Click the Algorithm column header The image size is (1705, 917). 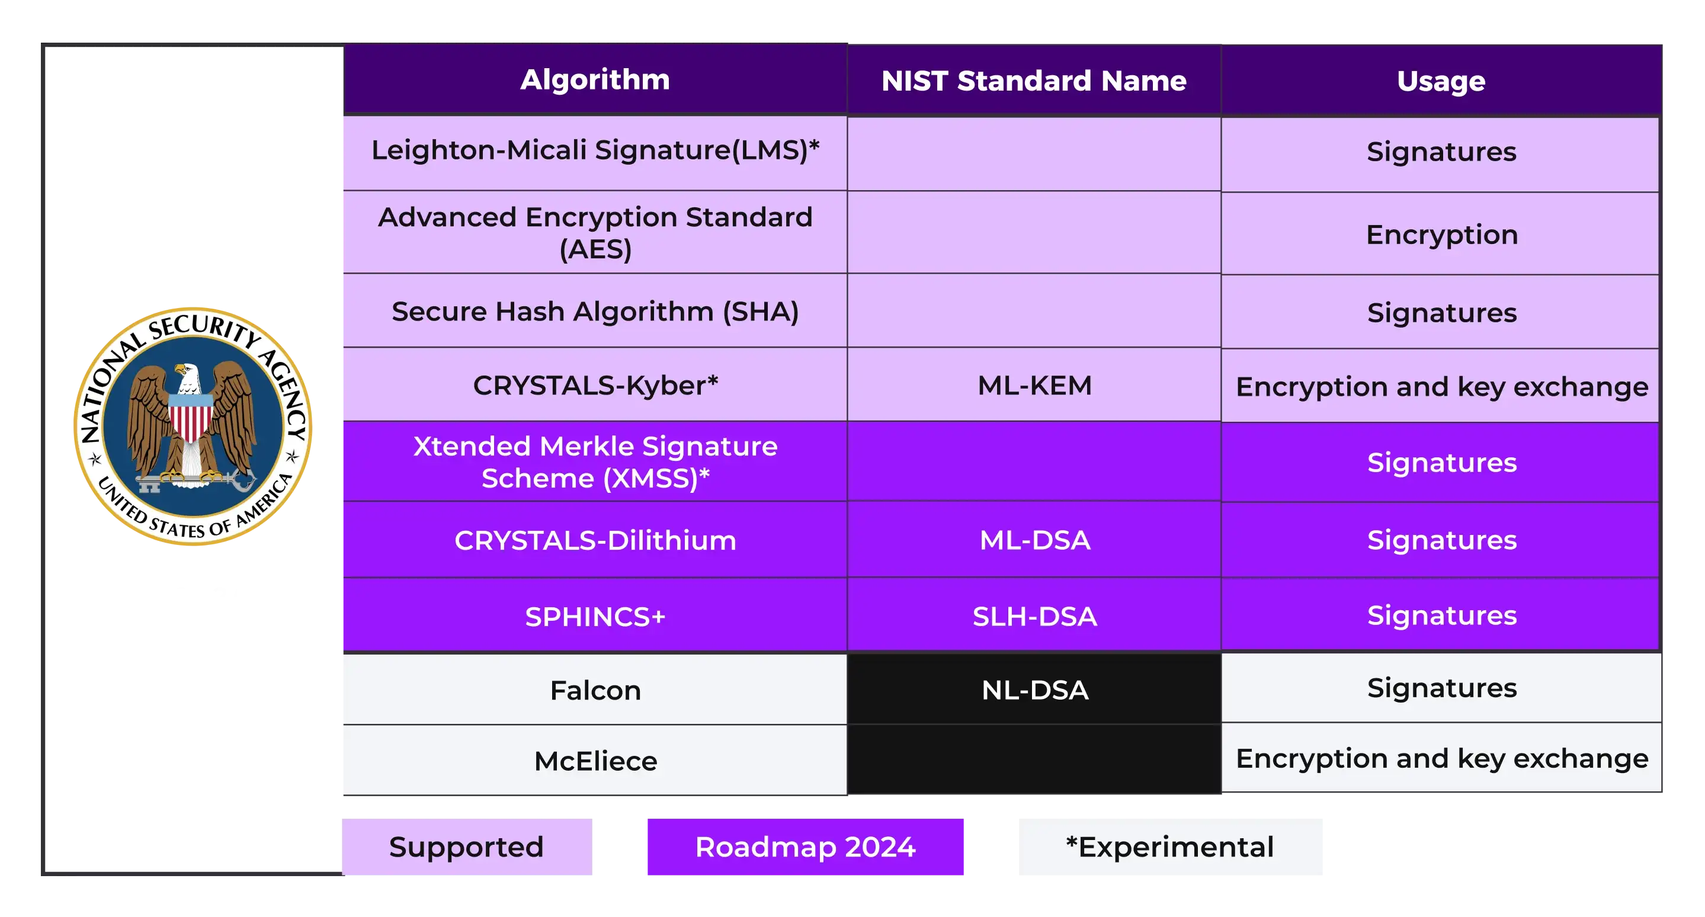pyautogui.click(x=595, y=79)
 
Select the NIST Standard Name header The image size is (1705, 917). pyautogui.click(x=1034, y=81)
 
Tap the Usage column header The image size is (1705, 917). pyautogui.click(x=1441, y=81)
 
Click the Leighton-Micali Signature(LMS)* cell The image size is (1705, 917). pyautogui.click(x=595, y=152)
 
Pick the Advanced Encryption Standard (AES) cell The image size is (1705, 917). pyautogui.click(x=595, y=232)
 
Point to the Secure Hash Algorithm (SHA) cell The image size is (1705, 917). pyautogui.click(x=595, y=311)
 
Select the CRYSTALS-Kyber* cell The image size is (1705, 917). pyautogui.click(x=595, y=385)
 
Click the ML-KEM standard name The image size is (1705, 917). pyautogui.click(x=1034, y=385)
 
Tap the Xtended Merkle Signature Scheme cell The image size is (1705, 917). pyautogui.click(x=595, y=462)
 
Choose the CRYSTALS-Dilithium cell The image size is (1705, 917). pyautogui.click(x=595, y=540)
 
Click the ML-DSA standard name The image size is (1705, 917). pyautogui.click(x=1034, y=540)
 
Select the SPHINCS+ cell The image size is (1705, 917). pyautogui.click(x=595, y=616)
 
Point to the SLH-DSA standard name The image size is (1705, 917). pyautogui.click(x=1034, y=616)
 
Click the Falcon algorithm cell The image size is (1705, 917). pyautogui.click(x=595, y=690)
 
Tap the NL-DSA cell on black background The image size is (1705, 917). pyautogui.click(x=1034, y=690)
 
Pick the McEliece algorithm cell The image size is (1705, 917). pyautogui.click(x=595, y=760)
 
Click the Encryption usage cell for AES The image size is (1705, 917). pyautogui.click(x=1441, y=234)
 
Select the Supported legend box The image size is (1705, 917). pyautogui.click(x=467, y=847)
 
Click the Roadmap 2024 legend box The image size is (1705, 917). pyautogui.click(x=805, y=847)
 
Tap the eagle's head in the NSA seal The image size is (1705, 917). pyautogui.click(x=187, y=378)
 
